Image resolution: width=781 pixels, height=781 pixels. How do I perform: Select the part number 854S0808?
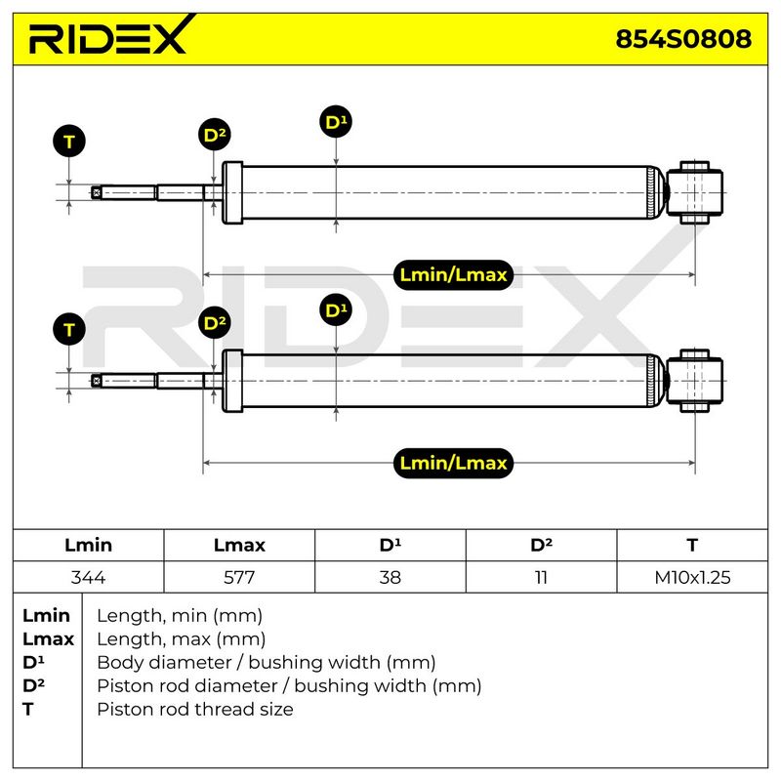(x=683, y=39)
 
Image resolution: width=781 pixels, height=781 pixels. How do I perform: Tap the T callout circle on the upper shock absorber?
(x=69, y=141)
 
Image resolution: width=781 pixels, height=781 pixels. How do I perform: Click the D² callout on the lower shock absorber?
(x=214, y=323)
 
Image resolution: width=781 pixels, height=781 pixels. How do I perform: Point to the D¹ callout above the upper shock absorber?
(x=336, y=122)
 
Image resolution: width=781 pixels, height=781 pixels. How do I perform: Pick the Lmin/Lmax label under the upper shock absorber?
(x=453, y=274)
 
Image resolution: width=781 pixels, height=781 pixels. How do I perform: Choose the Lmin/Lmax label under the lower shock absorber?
(x=453, y=463)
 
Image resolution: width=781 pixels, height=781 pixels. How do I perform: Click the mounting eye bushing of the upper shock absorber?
(x=694, y=192)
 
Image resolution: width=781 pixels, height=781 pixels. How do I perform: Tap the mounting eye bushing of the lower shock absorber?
(x=694, y=381)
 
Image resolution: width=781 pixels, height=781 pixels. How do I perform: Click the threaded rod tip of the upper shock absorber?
(x=97, y=192)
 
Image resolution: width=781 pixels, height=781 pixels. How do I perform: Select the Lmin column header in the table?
(x=88, y=545)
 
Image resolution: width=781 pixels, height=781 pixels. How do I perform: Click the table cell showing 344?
(x=88, y=577)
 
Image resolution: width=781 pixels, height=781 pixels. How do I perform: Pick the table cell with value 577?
(x=239, y=577)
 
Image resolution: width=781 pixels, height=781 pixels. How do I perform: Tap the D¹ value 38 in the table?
(x=390, y=577)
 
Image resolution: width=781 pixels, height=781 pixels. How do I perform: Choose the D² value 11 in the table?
(x=541, y=577)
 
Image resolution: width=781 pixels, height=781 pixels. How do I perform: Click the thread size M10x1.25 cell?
(x=692, y=577)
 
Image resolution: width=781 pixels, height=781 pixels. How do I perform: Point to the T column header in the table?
(x=692, y=545)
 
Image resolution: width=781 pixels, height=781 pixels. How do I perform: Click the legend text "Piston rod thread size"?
(x=194, y=709)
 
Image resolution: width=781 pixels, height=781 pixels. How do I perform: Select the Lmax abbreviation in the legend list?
(x=48, y=639)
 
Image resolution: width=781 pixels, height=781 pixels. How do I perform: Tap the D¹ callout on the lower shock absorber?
(x=336, y=310)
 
